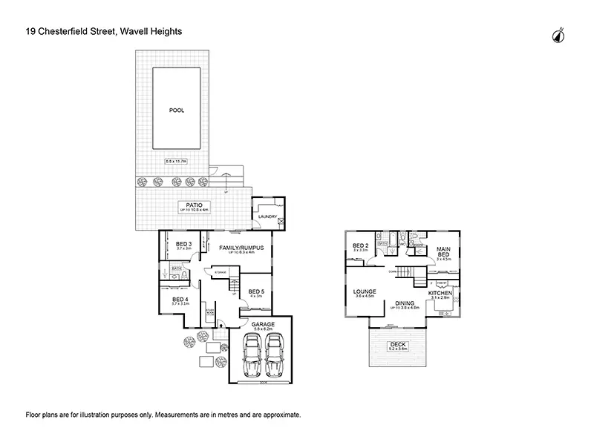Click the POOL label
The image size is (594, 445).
tap(176, 110)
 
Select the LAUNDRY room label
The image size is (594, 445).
tap(267, 217)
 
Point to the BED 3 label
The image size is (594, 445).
tap(184, 244)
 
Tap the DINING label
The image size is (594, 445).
tap(404, 302)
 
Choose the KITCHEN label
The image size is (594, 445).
tap(441, 294)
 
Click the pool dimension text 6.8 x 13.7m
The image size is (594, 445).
tap(176, 161)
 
